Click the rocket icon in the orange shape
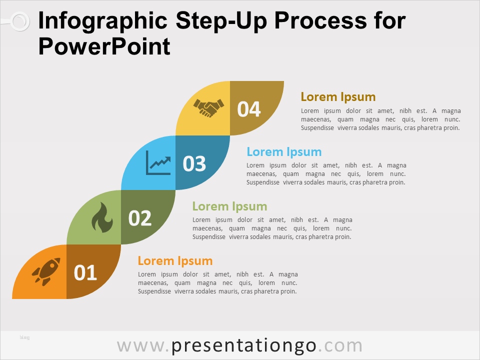pos(46,271)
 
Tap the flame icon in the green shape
pos(102,217)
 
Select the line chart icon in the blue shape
pos(158,162)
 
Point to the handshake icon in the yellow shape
pos(209,108)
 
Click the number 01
pos(85,272)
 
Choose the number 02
pos(140,218)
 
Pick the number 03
pos(194,163)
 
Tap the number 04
pos(249,109)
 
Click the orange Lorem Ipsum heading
pos(175,261)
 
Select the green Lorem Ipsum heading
pos(229,206)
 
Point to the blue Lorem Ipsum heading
pos(284,152)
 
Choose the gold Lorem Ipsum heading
pos(338,97)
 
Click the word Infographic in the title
pos(103,21)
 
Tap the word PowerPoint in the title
pos(104,46)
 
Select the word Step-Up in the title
pos(221,21)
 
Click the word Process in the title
pos(320,20)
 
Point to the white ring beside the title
pos(20,21)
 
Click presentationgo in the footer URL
pos(243,346)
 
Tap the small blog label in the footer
pos(24,337)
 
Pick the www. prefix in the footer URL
pos(143,346)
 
